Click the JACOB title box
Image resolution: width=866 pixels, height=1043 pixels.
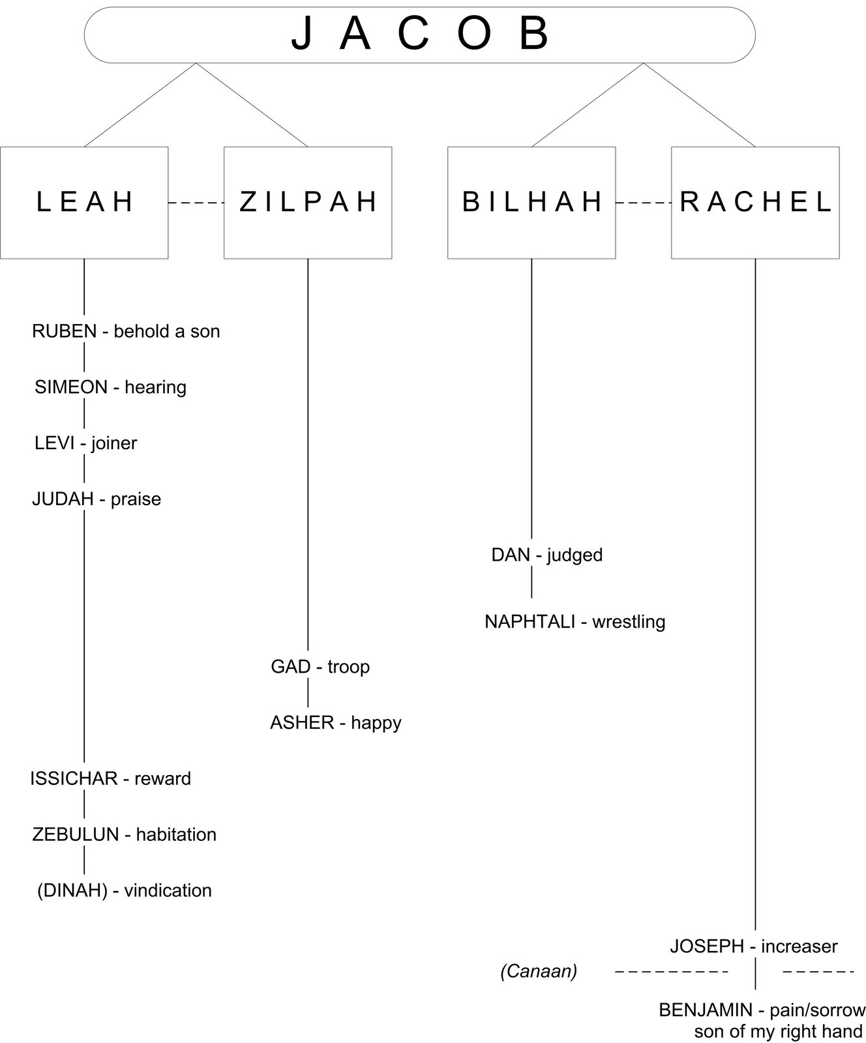[x=419, y=35]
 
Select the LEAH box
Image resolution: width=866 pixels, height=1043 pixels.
[x=84, y=202]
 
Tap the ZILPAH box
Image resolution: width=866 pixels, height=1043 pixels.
[x=308, y=202]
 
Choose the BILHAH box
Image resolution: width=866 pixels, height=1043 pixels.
[x=531, y=202]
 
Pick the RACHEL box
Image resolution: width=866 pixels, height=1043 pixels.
[x=755, y=202]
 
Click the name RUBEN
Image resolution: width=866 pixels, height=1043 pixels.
[x=64, y=331]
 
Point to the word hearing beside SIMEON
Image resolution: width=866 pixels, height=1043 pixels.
[x=155, y=387]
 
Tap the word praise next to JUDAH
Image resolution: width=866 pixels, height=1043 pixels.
[x=136, y=499]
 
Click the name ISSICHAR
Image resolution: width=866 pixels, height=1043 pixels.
[x=73, y=778]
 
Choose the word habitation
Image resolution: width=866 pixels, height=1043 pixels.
[x=176, y=834]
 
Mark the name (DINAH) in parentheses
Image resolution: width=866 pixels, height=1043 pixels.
[x=72, y=890]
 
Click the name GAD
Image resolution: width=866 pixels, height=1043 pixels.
[x=290, y=667]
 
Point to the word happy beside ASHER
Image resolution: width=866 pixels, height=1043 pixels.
[x=376, y=723]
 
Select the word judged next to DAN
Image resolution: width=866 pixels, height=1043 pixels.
[x=575, y=555]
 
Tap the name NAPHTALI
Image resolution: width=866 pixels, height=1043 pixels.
[x=529, y=622]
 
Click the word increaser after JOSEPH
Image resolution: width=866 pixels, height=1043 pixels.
[x=799, y=947]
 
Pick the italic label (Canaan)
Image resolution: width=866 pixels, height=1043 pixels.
[x=539, y=971]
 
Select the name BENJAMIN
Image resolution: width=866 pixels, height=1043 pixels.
[x=706, y=1010]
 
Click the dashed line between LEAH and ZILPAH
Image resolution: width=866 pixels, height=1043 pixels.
[x=196, y=203]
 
